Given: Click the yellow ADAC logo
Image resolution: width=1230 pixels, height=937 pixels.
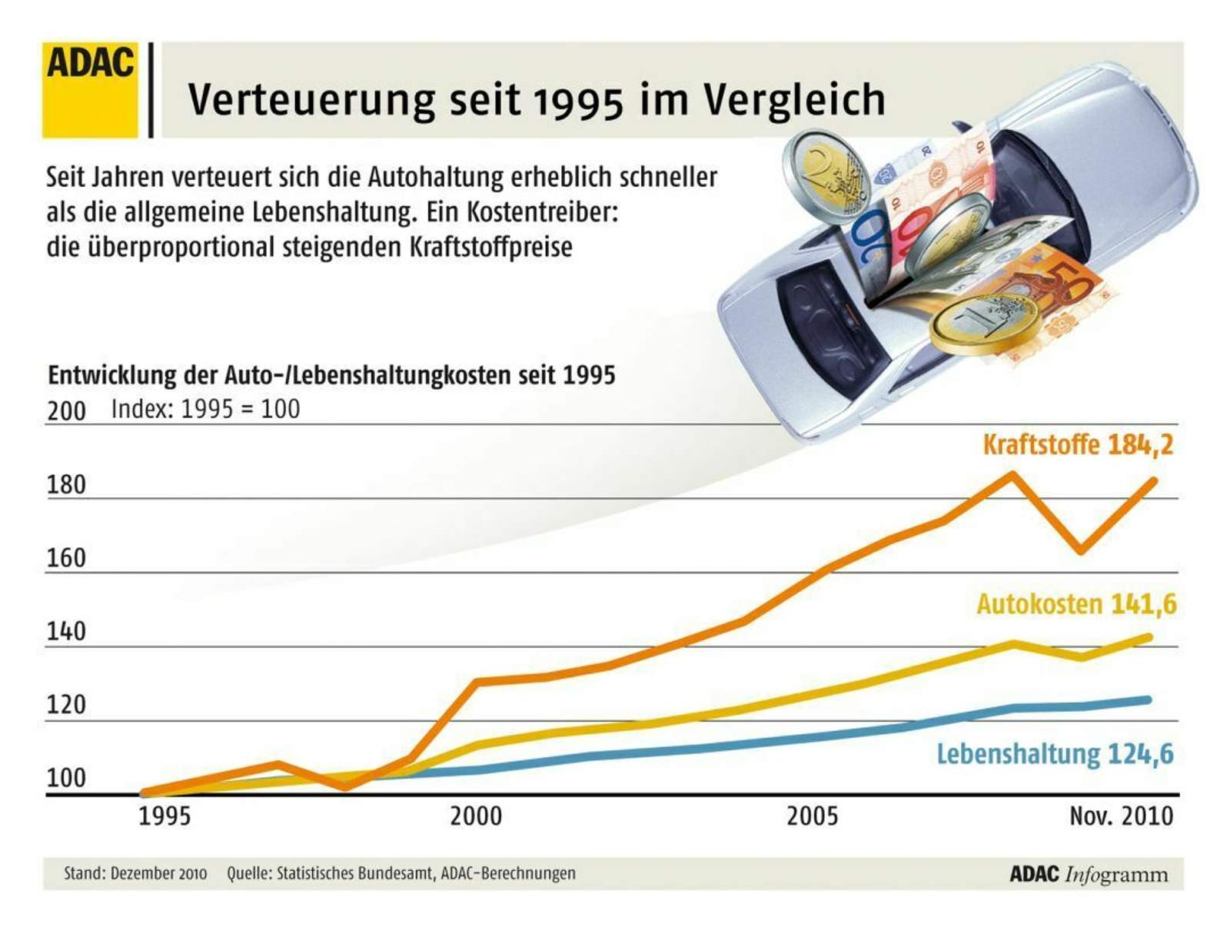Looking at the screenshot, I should pos(90,90).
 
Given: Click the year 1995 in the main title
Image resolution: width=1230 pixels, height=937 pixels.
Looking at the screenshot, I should pos(577,101).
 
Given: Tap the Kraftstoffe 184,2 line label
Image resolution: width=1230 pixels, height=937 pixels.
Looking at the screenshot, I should pos(1078,444).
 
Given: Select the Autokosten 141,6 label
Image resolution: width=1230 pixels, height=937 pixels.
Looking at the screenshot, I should pos(1076,604).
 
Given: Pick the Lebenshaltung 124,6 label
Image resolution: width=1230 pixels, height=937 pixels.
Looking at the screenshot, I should pos(1055,753).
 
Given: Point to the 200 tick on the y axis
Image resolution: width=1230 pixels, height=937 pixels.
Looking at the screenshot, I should pos(66,411).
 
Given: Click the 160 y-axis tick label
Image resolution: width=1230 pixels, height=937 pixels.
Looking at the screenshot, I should pos(66,558).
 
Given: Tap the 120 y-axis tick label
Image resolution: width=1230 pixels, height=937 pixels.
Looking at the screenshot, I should pos(66,705).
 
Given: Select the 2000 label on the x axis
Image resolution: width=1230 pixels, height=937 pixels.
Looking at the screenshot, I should pos(475,816).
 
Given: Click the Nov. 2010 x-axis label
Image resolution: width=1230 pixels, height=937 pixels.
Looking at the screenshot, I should pos(1121,816).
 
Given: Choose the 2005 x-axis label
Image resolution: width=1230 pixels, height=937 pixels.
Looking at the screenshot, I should pos(812,816).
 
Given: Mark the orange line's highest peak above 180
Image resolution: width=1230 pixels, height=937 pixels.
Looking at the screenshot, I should pos(1012,474).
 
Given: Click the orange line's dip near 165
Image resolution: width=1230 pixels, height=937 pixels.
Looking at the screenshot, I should pos(1082,550).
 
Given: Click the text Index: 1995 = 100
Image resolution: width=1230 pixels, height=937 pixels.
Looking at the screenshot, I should pos(205,409).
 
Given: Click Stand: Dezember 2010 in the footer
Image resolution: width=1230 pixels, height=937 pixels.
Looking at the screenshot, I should pos(135,873).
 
